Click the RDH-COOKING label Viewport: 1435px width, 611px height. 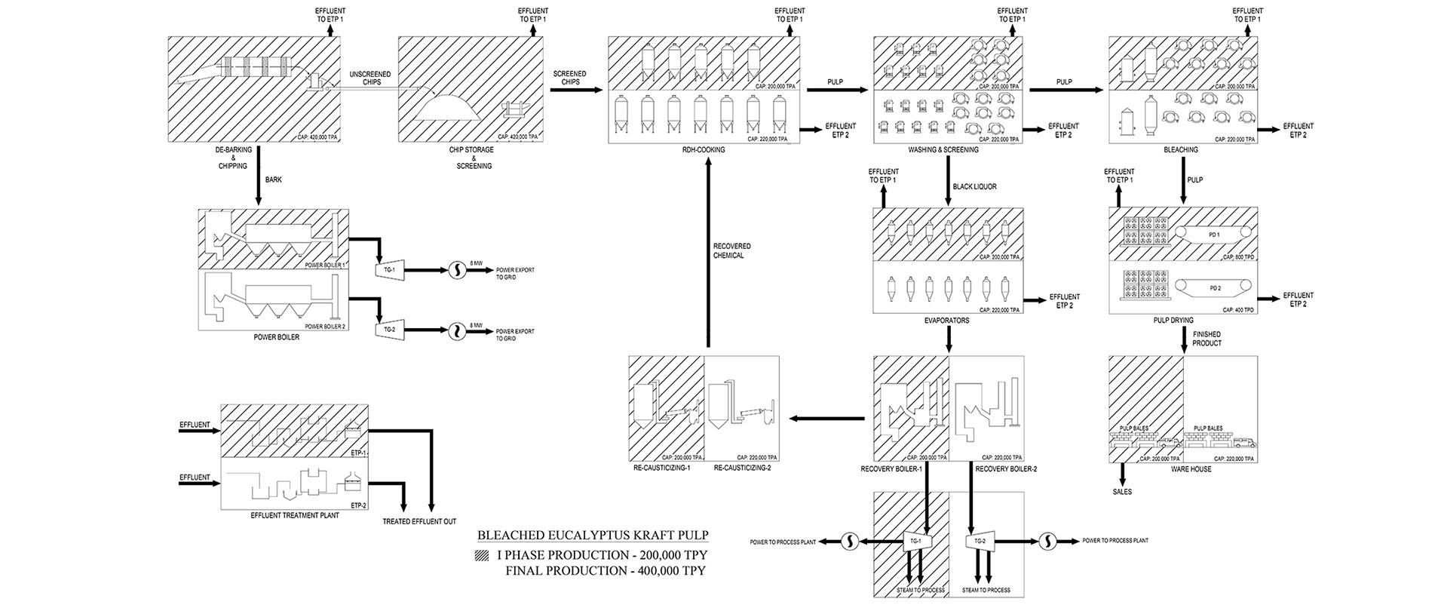pos(704,150)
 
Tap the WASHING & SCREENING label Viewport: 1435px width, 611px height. pos(943,150)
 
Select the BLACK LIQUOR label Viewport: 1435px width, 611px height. pos(974,186)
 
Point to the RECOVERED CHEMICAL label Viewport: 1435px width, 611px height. pos(731,251)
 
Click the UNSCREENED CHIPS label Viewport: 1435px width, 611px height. pos(369,78)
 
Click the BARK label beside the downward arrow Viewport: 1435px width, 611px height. pos(274,180)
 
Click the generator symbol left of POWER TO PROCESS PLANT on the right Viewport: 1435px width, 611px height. pos(1048,540)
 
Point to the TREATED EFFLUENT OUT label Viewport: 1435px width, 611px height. pos(419,521)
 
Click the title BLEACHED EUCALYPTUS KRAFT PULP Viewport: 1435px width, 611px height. pos(593,536)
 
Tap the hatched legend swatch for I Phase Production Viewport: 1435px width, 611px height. pos(482,554)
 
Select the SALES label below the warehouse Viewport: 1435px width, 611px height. pos(1122,492)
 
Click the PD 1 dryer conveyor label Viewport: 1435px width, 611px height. pos(1213,235)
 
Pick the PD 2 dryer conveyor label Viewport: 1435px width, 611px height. pos(1214,287)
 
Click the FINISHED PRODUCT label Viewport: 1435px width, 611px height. pos(1207,339)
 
